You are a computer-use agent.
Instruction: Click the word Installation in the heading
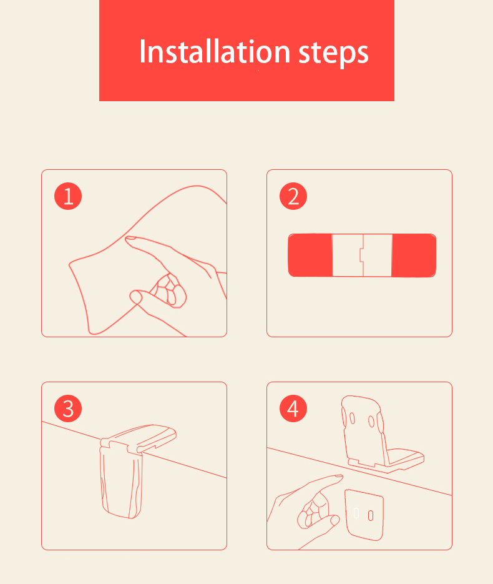click(215, 51)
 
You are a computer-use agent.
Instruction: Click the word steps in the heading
click(333, 53)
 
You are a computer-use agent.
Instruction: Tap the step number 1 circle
click(68, 196)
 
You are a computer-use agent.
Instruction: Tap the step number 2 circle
click(293, 196)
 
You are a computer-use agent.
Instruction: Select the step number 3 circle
click(68, 408)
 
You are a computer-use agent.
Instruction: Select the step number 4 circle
click(293, 408)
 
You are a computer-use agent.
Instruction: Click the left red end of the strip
click(310, 255)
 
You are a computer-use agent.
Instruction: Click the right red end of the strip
click(414, 255)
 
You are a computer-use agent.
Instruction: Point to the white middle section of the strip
click(362, 255)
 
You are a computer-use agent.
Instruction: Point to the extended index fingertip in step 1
click(129, 239)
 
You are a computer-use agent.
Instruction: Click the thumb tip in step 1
click(135, 297)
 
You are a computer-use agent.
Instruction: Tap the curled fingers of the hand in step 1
click(170, 290)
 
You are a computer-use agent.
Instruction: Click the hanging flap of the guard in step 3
click(121, 480)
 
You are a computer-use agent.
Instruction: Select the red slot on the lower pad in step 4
click(371, 515)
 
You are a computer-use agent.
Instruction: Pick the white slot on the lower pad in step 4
click(356, 513)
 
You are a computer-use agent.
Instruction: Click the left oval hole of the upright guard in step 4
click(352, 418)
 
